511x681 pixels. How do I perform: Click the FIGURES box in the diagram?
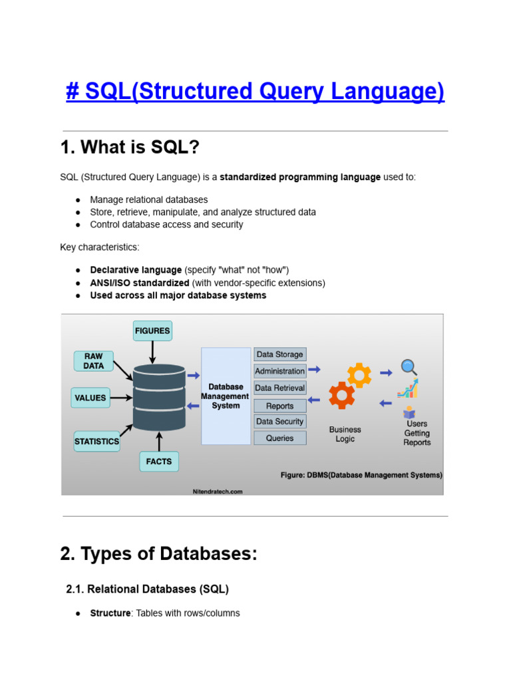coord(152,331)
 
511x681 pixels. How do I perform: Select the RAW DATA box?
coord(93,361)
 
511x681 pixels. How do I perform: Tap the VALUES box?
coord(90,398)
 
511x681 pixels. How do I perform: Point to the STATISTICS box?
coord(97,441)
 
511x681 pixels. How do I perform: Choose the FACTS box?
coord(158,462)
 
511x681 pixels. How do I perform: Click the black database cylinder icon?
coord(159,397)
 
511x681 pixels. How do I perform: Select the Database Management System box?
coord(226,396)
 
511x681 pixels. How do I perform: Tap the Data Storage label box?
coord(279,354)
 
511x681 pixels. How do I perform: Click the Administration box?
coord(279,371)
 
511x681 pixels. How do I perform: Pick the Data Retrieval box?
coord(279,388)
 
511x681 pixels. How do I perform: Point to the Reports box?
coord(279,405)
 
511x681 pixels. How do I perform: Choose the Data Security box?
coord(279,422)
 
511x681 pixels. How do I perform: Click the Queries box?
coord(279,438)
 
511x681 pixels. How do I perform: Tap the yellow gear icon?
coord(359,376)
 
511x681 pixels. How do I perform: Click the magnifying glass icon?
coord(409,367)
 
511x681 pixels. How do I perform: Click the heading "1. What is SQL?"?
coord(130,148)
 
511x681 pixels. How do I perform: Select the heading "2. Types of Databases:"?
coord(158,554)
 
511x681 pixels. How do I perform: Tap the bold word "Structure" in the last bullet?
coord(110,613)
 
